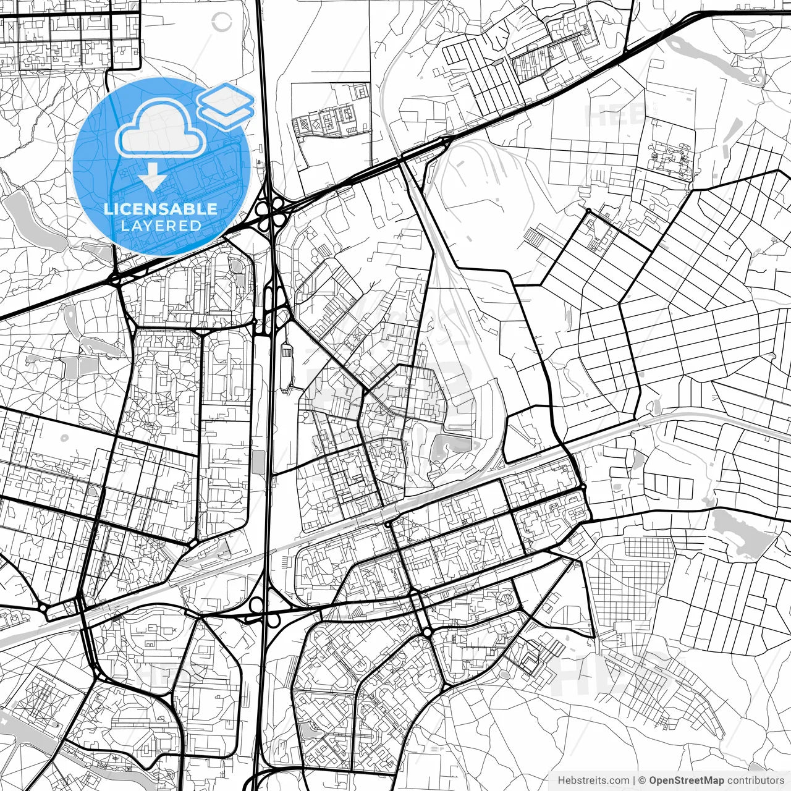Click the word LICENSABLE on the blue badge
point(161,209)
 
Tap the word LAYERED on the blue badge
point(161,226)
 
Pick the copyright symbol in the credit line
point(642,780)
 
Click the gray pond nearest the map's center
point(452,444)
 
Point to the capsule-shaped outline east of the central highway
point(286,368)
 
